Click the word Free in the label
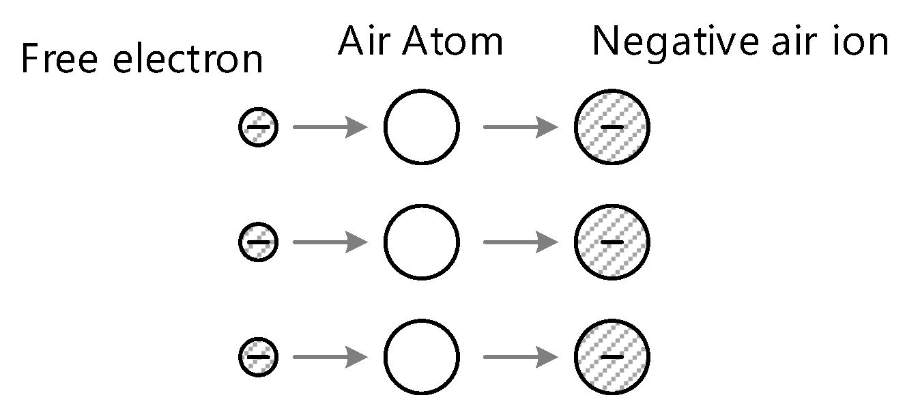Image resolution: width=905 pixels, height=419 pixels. (60, 60)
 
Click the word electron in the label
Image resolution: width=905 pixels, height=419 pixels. (188, 60)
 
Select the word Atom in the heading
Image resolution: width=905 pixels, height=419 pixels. (452, 42)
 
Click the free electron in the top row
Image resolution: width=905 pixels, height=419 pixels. (258, 127)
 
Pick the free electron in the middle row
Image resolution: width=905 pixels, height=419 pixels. (258, 242)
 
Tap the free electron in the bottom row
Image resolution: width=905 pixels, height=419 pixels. (258, 356)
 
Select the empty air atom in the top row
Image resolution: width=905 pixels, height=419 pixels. (421, 127)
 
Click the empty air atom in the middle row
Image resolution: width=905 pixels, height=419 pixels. (421, 242)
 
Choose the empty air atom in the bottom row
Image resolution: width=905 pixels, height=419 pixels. (421, 356)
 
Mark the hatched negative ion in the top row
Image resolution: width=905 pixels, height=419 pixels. (612, 127)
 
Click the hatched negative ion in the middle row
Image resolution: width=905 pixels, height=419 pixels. (612, 242)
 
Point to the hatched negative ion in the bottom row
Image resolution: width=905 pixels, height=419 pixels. (612, 356)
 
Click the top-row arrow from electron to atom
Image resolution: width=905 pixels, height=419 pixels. (330, 127)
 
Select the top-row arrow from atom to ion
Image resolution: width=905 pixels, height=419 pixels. (520, 127)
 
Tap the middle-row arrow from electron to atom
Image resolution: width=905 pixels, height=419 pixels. (330, 242)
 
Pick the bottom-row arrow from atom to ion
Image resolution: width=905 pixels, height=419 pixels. (520, 356)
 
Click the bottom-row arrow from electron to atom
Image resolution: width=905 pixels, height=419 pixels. (330, 356)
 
